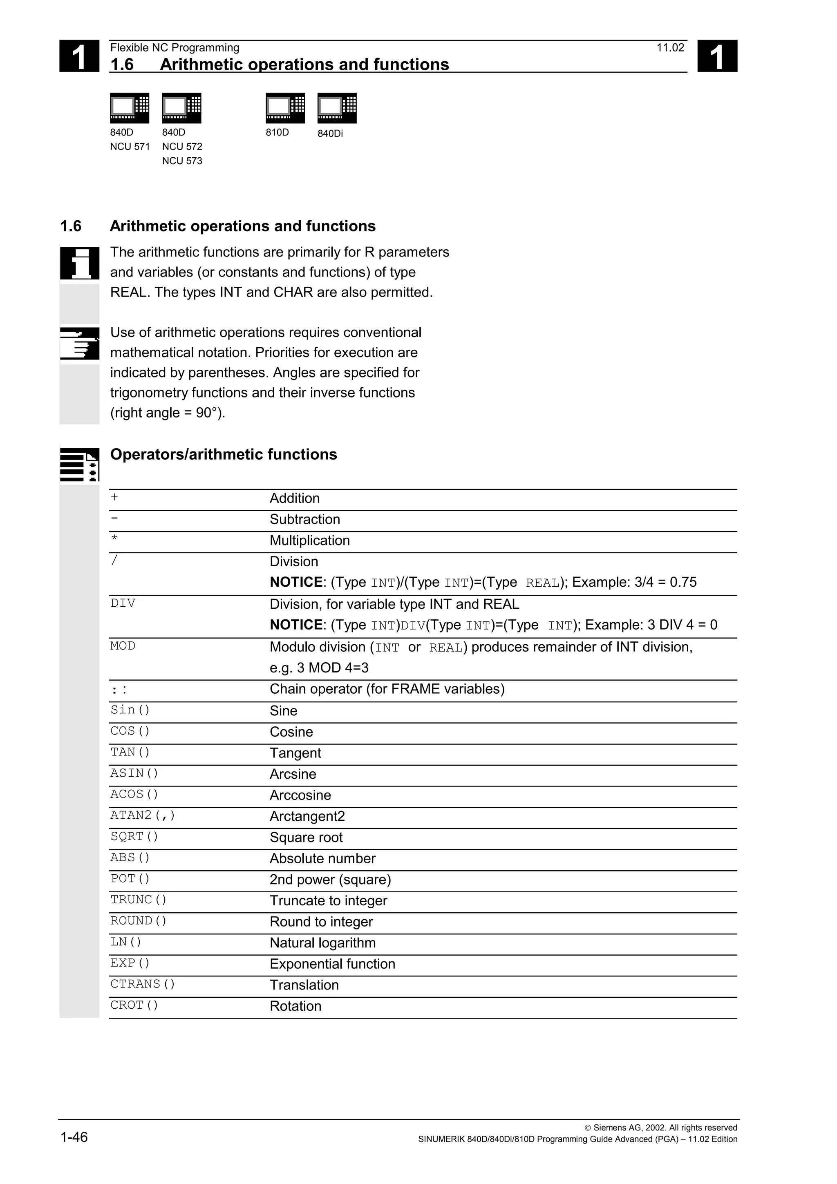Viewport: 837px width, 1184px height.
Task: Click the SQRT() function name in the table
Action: click(x=134, y=836)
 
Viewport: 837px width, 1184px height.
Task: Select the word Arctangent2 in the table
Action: click(x=307, y=816)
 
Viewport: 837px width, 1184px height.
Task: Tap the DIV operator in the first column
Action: click(x=123, y=603)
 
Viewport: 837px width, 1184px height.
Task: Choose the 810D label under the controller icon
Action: click(x=277, y=132)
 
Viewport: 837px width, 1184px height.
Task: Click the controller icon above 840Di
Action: click(x=337, y=108)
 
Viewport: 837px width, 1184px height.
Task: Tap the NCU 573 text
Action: click(x=182, y=161)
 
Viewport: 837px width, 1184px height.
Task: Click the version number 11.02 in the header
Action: click(x=670, y=48)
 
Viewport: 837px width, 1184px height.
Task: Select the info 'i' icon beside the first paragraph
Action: click(x=79, y=263)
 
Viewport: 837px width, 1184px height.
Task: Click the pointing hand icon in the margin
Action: click(x=79, y=344)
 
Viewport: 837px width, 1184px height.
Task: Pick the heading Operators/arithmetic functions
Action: click(x=223, y=454)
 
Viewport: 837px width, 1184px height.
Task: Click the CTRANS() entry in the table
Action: click(x=142, y=984)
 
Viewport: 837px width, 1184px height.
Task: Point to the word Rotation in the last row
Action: click(x=295, y=1006)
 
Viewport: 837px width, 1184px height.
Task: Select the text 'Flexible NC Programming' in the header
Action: click(x=175, y=48)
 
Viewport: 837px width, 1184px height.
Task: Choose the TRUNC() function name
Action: click(x=138, y=900)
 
